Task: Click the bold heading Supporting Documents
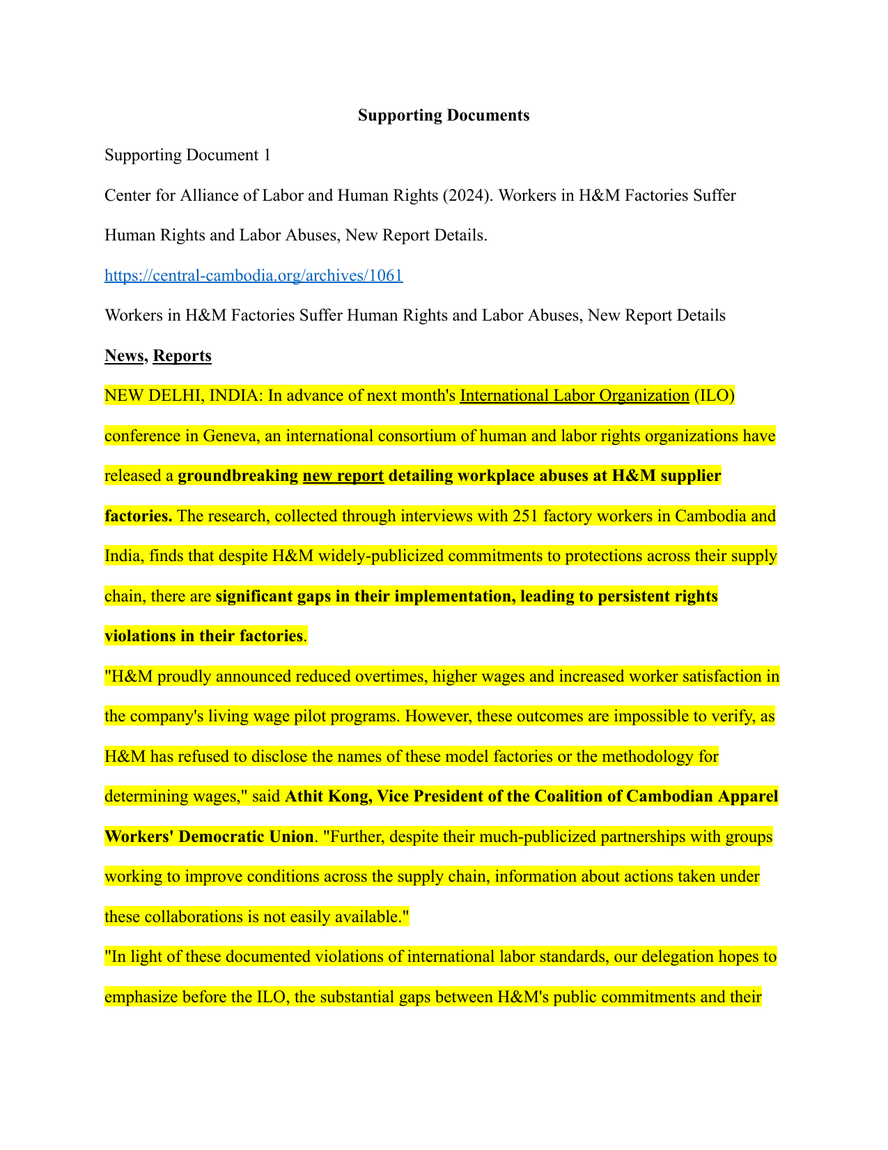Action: pyautogui.click(x=444, y=116)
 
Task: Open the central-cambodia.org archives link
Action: pyautogui.click(x=254, y=275)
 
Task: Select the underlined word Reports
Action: pyautogui.click(x=182, y=356)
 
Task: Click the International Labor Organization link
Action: pyautogui.click(x=575, y=396)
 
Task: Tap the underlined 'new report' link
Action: pyautogui.click(x=343, y=476)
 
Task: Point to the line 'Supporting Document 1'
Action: pyautogui.click(x=187, y=155)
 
